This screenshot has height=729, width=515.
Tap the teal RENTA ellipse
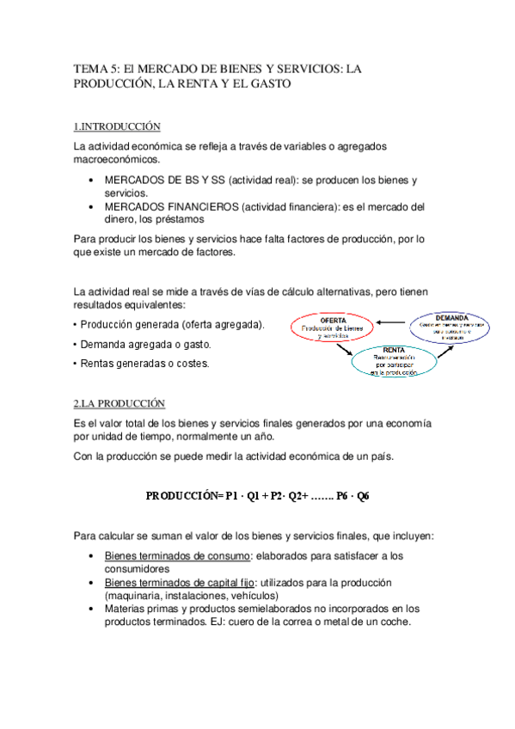tap(394, 362)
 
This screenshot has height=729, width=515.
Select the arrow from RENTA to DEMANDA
tap(433, 351)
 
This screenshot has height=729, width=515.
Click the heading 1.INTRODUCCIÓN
tap(117, 127)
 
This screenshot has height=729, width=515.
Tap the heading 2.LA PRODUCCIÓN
tap(119, 404)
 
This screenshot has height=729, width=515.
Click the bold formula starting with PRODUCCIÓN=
tap(257, 496)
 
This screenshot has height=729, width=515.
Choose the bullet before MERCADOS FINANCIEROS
tap(92, 207)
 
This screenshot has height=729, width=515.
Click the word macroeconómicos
tap(117, 160)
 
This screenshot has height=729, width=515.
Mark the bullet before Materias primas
tap(92, 610)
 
